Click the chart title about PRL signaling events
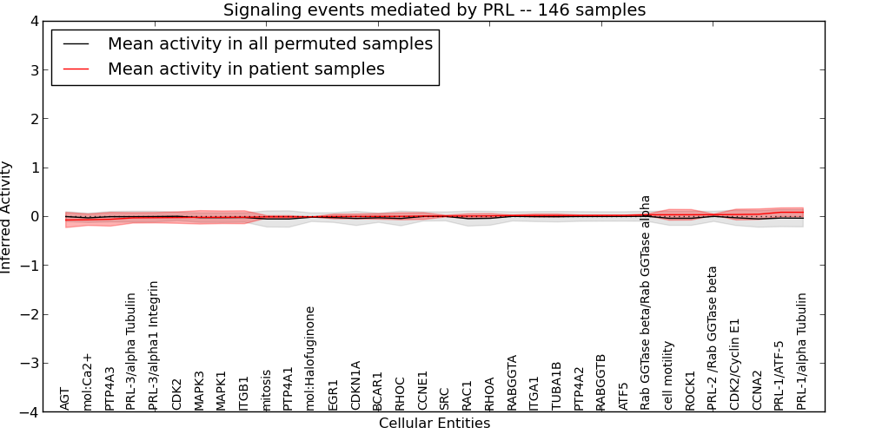[434, 10]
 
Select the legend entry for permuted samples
[269, 43]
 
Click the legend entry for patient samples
[246, 69]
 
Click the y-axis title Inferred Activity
[7, 217]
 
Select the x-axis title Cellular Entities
[434, 424]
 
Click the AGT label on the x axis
[65, 398]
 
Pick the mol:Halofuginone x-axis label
[310, 358]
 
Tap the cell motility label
[668, 375]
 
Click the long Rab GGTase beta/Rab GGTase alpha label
[646, 302]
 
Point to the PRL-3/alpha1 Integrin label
[155, 345]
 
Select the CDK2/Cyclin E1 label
[735, 364]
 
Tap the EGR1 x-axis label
[333, 395]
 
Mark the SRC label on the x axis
[445, 398]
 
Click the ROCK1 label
[691, 391]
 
